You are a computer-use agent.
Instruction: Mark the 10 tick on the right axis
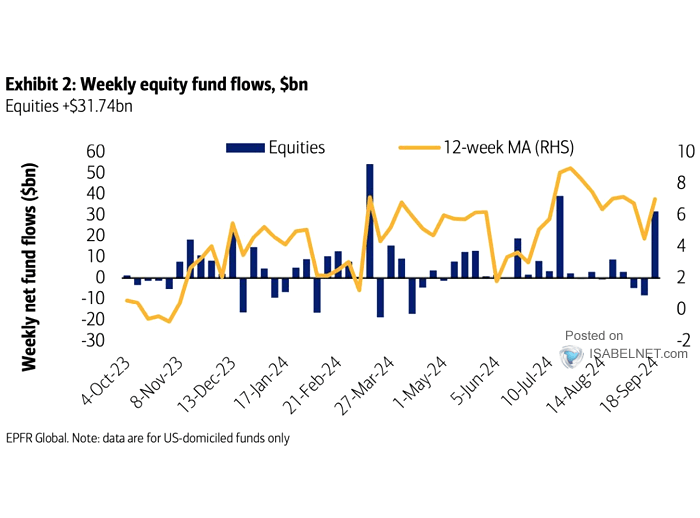(x=682, y=151)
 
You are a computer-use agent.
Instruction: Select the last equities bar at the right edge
(x=655, y=244)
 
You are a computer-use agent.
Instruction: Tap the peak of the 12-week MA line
(x=569, y=169)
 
